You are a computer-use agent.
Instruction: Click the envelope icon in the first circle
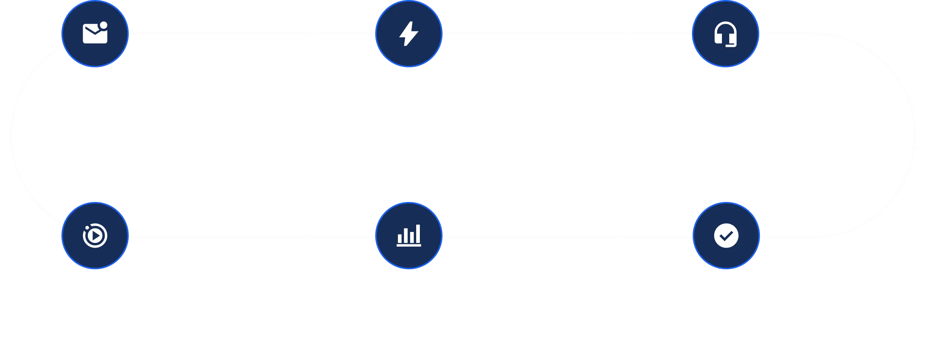pyautogui.click(x=95, y=34)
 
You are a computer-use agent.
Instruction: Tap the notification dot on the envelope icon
pyautogui.click(x=104, y=26)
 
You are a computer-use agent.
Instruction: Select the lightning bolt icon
pyautogui.click(x=409, y=34)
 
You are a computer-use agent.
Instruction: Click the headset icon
pyautogui.click(x=726, y=34)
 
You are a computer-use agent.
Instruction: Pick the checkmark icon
pyautogui.click(x=726, y=236)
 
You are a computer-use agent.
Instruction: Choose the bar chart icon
pyautogui.click(x=409, y=235)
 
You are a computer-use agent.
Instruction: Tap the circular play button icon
pyautogui.click(x=95, y=236)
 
